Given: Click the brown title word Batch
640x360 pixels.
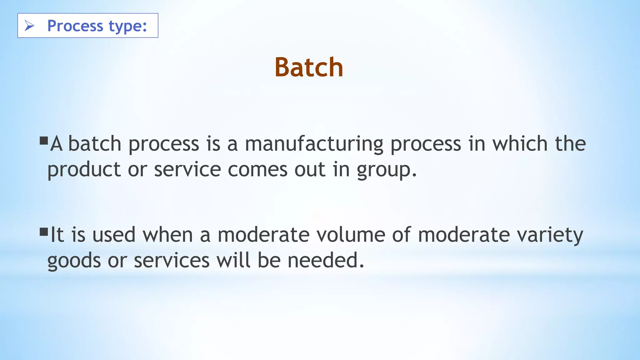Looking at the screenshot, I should click(309, 67).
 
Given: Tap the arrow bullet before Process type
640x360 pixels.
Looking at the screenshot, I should click(29, 26).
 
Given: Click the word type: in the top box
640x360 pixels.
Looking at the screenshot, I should click(127, 26).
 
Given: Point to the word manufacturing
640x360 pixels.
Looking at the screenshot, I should click(314, 144).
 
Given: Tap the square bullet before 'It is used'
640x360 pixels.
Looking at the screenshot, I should click(44, 232).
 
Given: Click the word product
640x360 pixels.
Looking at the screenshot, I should click(84, 170).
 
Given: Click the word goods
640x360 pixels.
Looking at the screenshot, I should click(74, 261).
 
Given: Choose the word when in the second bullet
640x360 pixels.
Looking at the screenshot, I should click(168, 235).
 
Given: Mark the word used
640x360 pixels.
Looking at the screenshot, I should click(114, 235).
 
